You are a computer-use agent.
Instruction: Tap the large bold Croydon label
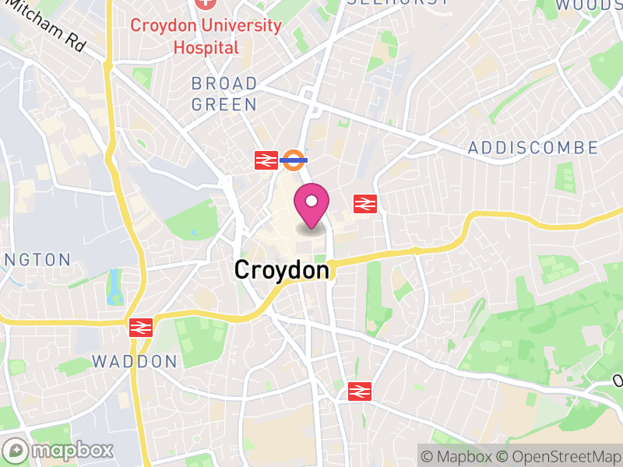pos(281,270)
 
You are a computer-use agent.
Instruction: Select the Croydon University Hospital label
pos(206,36)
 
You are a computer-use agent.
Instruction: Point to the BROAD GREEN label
pos(224,93)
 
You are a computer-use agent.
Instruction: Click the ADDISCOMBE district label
pos(533,148)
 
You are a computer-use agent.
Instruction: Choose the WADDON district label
pos(135,361)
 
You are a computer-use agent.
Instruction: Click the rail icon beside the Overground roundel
pos(266,160)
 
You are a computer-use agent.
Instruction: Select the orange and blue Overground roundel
pos(294,160)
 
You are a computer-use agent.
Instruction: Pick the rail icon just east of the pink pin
pos(365,204)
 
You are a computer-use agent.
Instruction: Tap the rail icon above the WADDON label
pos(140,328)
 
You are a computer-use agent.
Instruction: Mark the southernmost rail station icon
pos(359,391)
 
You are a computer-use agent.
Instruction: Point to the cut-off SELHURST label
pos(397,2)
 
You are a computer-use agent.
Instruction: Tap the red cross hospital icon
pos(206,3)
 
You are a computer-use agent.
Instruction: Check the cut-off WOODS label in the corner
pos(590,5)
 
